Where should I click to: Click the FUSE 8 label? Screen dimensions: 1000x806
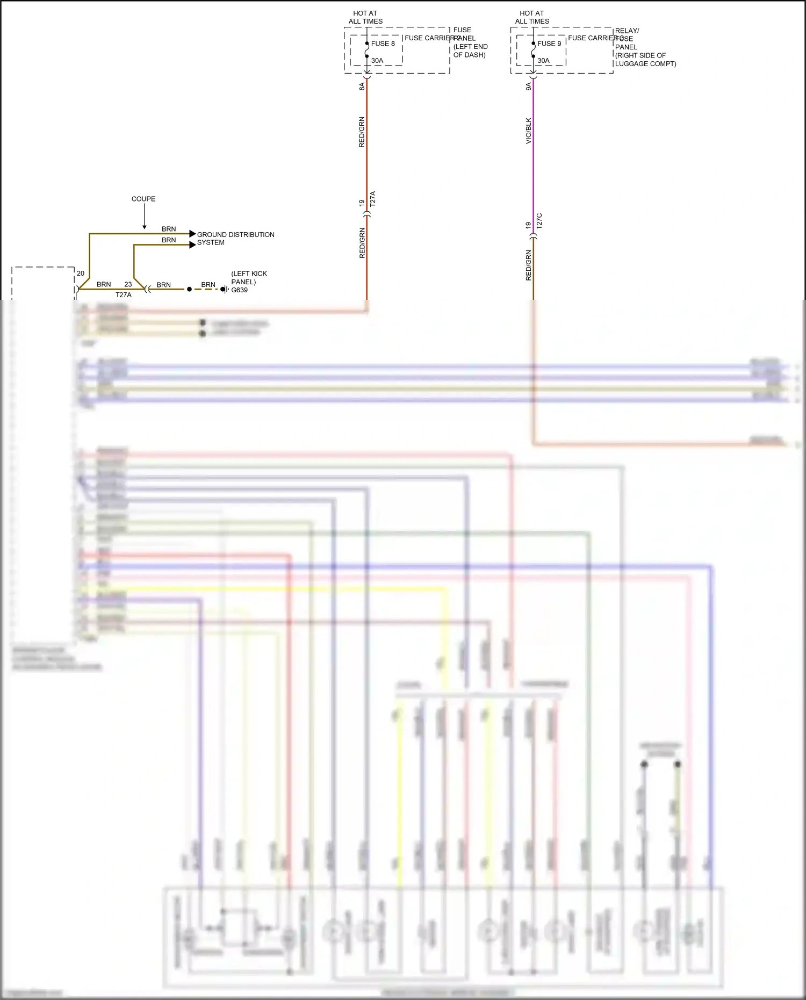click(x=383, y=44)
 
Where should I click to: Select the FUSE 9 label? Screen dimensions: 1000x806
click(x=549, y=44)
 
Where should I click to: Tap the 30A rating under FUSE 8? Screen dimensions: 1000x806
click(x=377, y=61)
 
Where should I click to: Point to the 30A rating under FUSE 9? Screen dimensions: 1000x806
click(x=544, y=61)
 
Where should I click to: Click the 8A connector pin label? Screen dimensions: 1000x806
click(x=362, y=86)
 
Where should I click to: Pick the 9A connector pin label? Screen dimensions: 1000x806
click(x=529, y=86)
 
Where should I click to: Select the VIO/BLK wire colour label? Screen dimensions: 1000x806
click(x=529, y=131)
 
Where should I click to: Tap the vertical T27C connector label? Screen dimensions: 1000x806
click(x=539, y=221)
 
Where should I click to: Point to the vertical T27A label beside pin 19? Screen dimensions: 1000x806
click(x=373, y=199)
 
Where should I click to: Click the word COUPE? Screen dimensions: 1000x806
click(x=143, y=199)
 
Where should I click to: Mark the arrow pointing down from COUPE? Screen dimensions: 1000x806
click(x=144, y=218)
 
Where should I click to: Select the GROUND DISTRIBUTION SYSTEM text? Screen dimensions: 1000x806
click(x=235, y=239)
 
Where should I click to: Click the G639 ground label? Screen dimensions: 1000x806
click(x=240, y=290)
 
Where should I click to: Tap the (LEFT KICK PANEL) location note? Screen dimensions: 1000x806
click(x=248, y=277)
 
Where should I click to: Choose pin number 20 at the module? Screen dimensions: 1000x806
click(x=81, y=274)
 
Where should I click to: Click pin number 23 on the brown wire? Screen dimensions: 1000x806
click(x=128, y=284)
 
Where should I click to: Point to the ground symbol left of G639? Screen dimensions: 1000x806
click(x=225, y=289)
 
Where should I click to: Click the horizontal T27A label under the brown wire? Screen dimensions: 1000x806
click(x=124, y=295)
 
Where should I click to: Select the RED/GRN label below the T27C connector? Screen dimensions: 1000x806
click(x=529, y=265)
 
